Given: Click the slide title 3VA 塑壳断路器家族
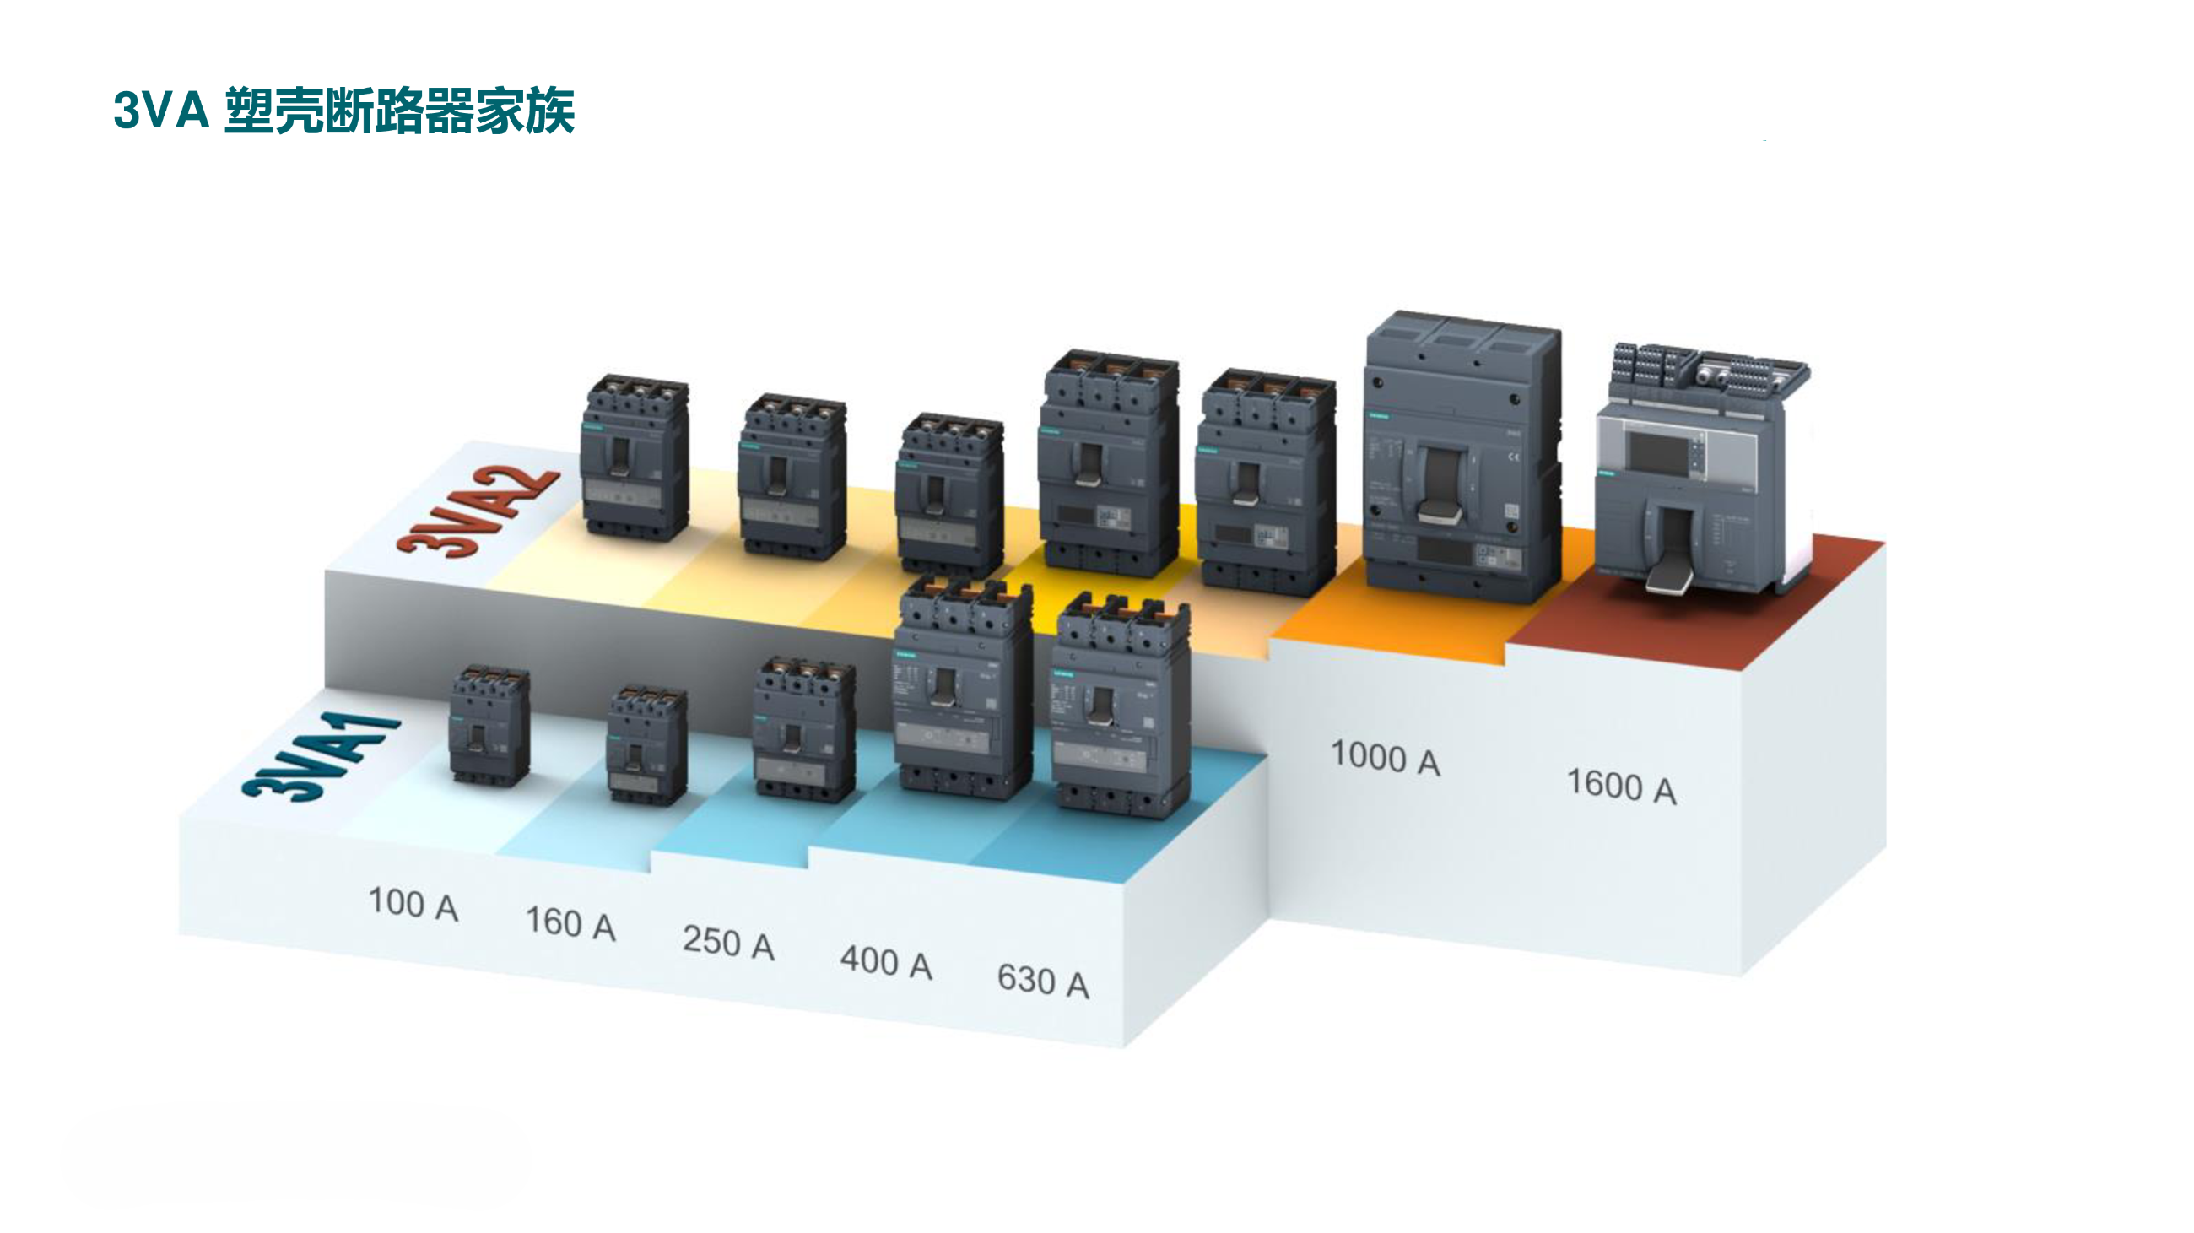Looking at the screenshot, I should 343,111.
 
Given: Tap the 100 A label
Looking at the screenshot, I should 413,904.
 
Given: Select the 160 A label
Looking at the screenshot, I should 570,923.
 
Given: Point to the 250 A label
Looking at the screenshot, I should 728,943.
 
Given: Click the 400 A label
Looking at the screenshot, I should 886,962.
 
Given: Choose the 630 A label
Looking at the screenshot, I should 1043,981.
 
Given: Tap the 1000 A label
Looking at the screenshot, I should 1385,757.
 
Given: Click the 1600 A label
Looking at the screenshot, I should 1622,785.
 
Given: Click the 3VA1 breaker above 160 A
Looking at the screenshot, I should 646,745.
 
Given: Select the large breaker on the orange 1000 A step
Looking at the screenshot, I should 1462,460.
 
